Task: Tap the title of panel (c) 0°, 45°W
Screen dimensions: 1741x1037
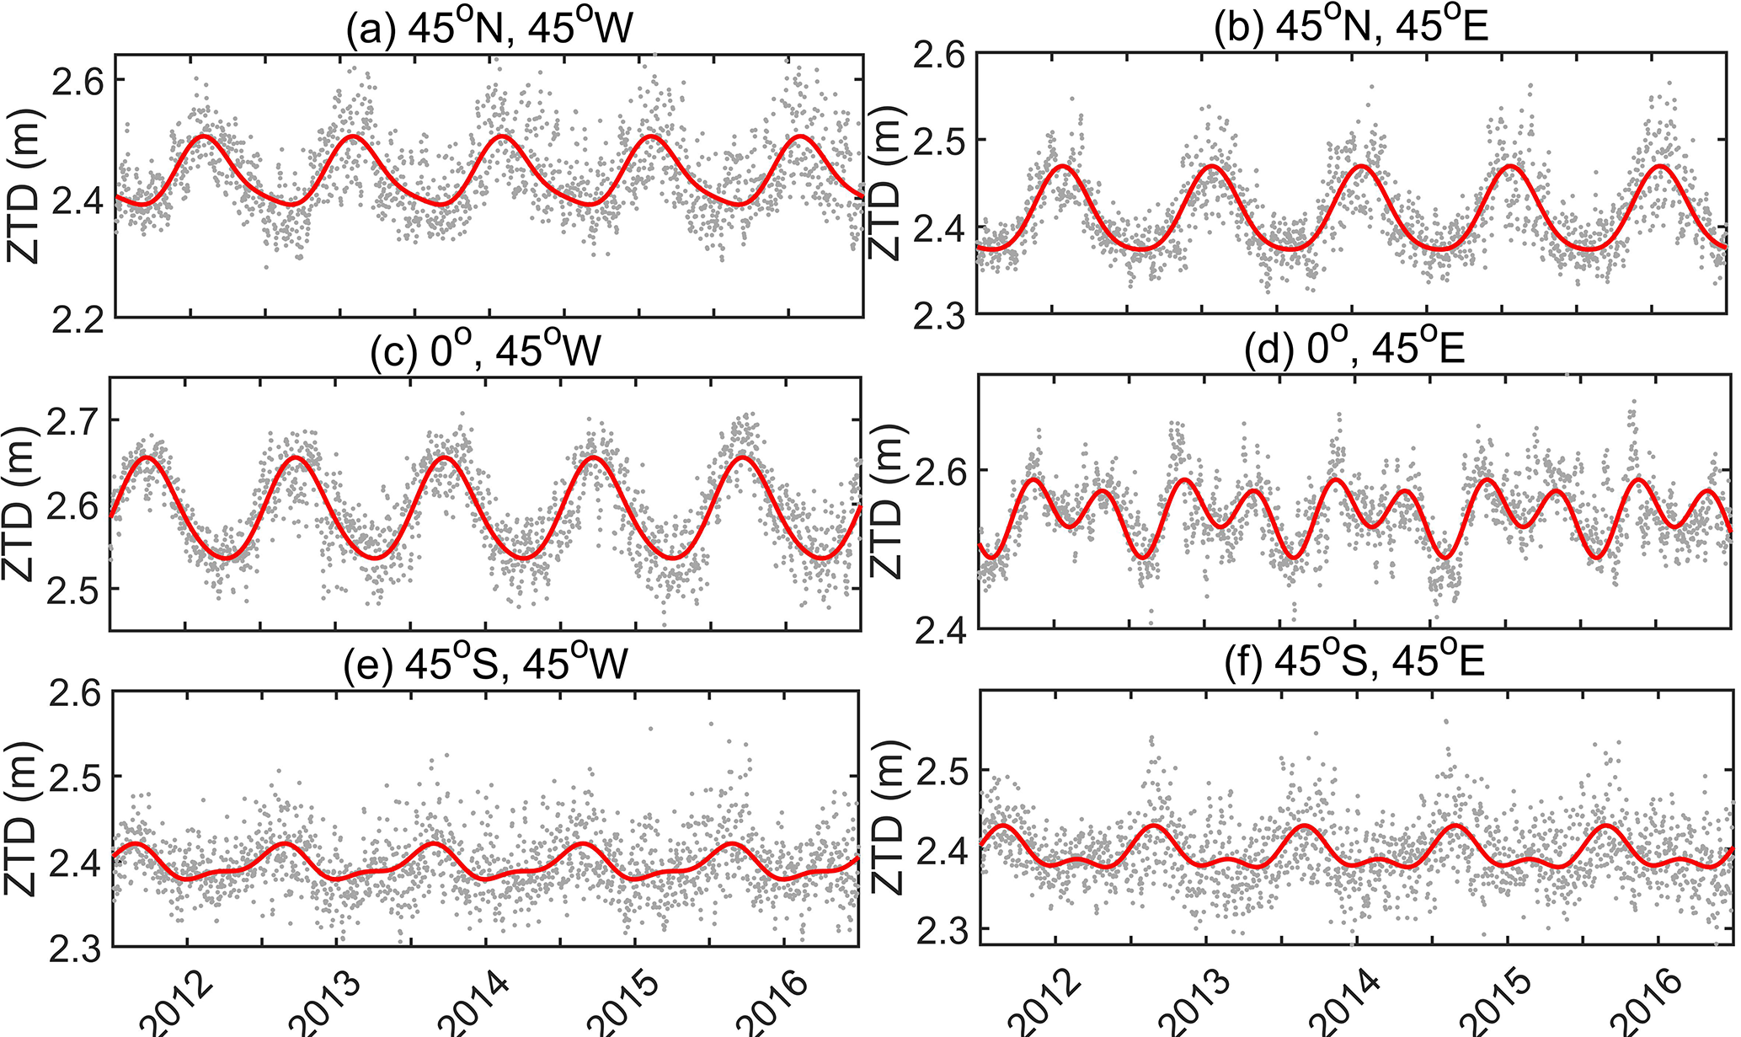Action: [486, 349]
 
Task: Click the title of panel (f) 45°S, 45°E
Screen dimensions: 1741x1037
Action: [1353, 663]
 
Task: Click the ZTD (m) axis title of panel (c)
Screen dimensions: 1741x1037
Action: [19, 505]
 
